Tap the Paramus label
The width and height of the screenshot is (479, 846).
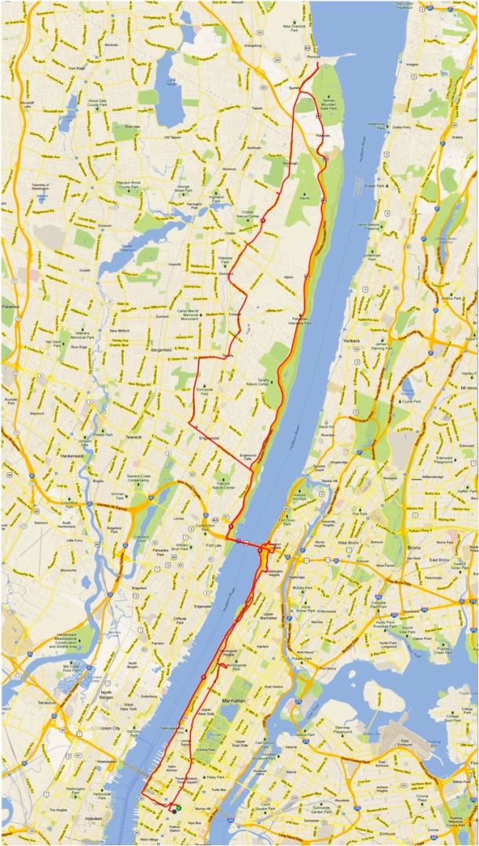pos(9,305)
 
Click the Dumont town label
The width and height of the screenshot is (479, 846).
pos(163,315)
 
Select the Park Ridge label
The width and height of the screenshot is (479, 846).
pos(75,67)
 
